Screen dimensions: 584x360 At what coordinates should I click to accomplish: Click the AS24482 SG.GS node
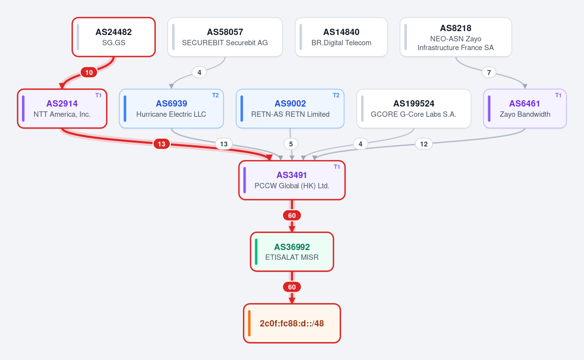(x=114, y=37)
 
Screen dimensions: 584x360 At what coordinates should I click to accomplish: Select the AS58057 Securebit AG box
(x=225, y=37)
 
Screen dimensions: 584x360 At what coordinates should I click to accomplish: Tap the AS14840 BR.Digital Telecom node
(x=341, y=37)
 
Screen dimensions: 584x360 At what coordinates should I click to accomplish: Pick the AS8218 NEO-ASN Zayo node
(x=456, y=37)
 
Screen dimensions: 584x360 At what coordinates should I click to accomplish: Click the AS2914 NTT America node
(x=62, y=108)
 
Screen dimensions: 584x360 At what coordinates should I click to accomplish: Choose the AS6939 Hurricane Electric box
(x=171, y=108)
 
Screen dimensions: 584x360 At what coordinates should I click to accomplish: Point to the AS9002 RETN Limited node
(x=290, y=108)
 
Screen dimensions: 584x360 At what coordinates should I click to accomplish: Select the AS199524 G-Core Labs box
(x=414, y=108)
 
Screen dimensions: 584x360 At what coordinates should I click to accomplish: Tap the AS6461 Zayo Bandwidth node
(x=525, y=108)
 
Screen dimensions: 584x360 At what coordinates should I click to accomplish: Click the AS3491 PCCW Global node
(x=292, y=180)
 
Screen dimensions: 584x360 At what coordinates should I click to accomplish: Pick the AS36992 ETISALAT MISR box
(x=292, y=252)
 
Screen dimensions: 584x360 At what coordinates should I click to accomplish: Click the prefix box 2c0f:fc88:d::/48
(x=292, y=323)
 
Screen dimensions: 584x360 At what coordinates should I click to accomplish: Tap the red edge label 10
(x=89, y=72)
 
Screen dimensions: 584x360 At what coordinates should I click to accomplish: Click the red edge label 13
(x=162, y=144)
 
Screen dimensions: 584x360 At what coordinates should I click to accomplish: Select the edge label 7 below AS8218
(x=489, y=72)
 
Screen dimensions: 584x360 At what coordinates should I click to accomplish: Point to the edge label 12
(x=424, y=144)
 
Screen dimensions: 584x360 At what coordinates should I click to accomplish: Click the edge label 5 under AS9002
(x=291, y=144)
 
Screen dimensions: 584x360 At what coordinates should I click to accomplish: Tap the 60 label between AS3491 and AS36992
(x=292, y=216)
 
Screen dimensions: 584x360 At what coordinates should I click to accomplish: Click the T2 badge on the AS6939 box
(x=215, y=95)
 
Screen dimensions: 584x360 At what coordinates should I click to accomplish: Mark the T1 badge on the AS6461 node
(x=558, y=95)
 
